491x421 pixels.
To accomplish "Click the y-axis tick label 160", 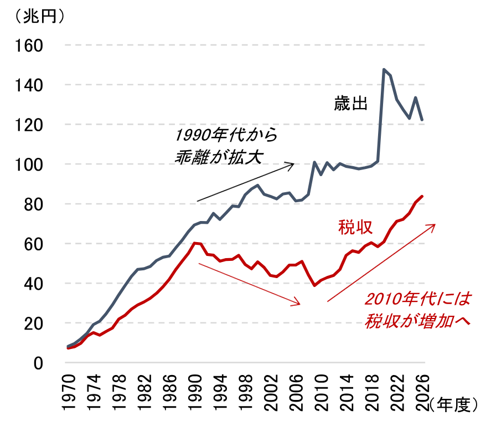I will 32,45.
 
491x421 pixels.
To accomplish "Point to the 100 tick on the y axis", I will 32,165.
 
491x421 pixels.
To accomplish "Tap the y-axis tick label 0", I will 39,363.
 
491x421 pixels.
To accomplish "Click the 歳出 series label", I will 350,104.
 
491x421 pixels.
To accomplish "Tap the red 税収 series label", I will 354,227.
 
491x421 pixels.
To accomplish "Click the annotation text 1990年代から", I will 225,135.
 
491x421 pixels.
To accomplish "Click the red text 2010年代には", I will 417,300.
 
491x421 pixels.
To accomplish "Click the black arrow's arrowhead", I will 293,163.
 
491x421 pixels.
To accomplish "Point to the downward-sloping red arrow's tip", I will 299,304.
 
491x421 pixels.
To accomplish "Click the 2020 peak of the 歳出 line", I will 384,70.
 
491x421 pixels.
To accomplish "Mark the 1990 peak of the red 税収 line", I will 194,243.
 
